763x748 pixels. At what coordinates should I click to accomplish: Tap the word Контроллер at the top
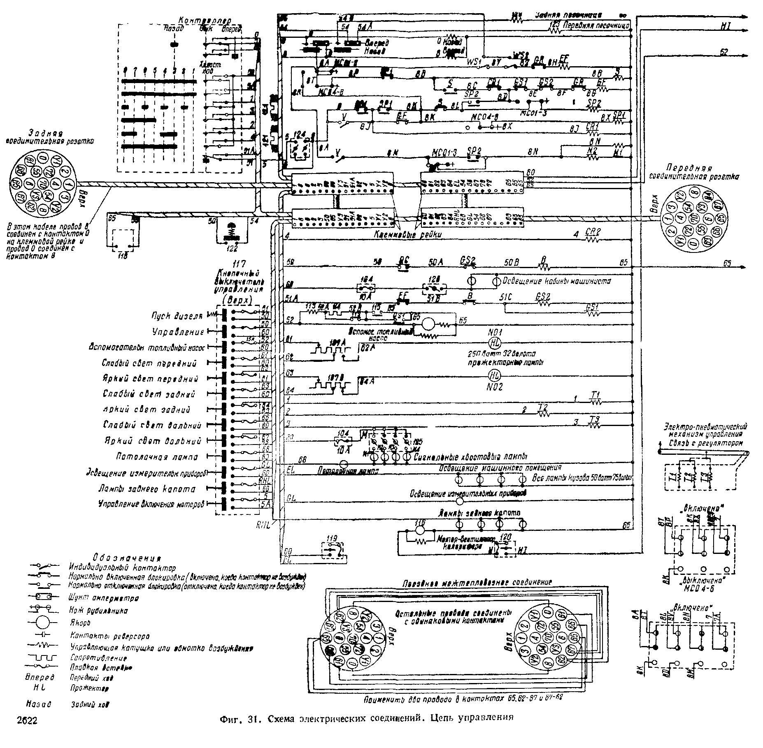coord(205,21)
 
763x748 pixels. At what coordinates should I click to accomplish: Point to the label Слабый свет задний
coord(149,394)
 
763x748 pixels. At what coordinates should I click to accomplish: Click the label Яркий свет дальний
coord(154,441)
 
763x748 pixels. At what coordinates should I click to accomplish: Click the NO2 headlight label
coord(494,387)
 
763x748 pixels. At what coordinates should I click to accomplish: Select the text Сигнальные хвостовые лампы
coord(471,456)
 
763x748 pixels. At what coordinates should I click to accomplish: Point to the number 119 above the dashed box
coord(331,538)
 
